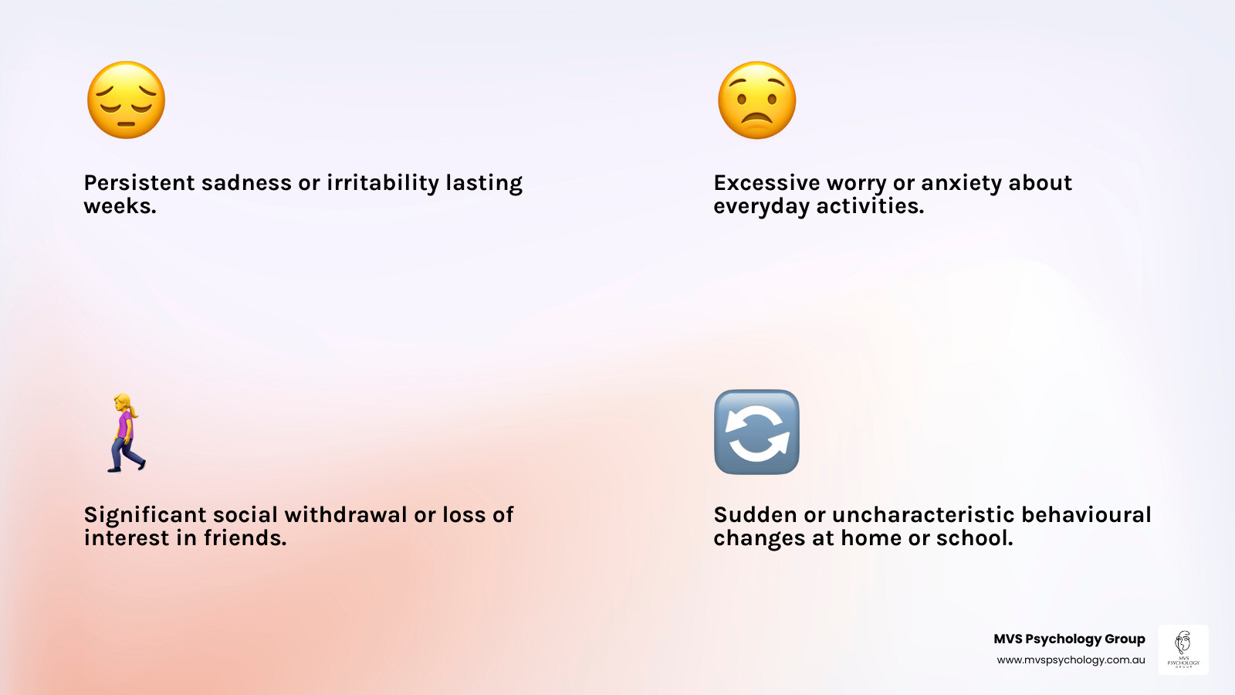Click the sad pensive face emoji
126,100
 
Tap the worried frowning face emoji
756,100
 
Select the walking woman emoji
126,432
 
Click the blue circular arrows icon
756,432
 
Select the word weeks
120,206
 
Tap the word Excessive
766,183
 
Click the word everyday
761,206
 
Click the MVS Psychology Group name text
1069,639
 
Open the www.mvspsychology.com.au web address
1071,660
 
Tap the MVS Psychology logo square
1183,649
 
